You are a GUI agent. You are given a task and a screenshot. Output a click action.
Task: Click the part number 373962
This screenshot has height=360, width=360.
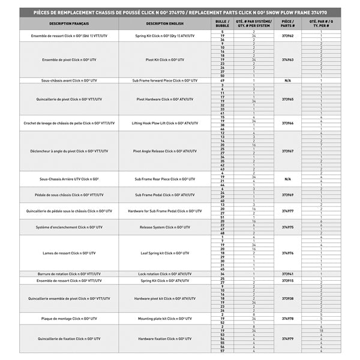(x=287, y=36)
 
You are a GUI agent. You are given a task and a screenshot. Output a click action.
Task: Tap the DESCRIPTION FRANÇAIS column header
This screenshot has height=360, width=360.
(x=70, y=23)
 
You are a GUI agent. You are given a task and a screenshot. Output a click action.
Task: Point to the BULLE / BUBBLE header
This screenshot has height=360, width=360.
(x=222, y=23)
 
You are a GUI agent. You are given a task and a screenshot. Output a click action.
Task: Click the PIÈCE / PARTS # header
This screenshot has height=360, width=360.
(x=287, y=23)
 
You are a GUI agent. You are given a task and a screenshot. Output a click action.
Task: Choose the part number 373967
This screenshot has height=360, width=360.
(x=287, y=151)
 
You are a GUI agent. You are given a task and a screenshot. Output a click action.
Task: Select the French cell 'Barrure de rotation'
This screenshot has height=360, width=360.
(x=70, y=274)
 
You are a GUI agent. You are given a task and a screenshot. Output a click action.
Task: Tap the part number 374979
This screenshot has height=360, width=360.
(x=287, y=338)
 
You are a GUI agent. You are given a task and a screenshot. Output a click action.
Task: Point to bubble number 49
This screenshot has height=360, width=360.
(x=222, y=80)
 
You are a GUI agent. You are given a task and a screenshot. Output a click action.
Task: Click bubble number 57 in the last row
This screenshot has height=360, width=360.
(x=222, y=350)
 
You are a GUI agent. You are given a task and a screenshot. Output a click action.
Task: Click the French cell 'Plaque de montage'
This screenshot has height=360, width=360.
(x=70, y=318)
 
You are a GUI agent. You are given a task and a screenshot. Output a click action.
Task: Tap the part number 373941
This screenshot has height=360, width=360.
(x=287, y=274)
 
